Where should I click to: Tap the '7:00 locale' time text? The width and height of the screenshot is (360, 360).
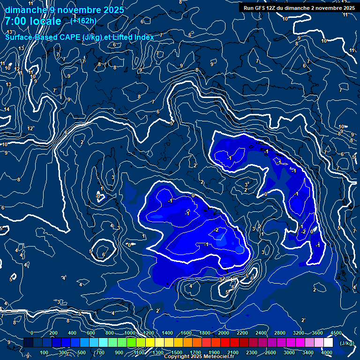point(33,21)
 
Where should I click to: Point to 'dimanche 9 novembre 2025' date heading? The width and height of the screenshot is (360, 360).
point(64,10)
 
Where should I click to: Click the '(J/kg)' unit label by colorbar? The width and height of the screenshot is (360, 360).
point(346,343)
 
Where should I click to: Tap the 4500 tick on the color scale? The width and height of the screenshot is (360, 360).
point(336,333)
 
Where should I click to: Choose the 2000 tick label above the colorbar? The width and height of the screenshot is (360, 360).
point(224,333)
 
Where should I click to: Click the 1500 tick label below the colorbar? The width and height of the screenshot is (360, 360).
point(177,352)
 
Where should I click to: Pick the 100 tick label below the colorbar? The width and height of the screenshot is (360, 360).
point(44,352)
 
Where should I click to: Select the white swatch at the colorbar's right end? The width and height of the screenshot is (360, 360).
point(328,343)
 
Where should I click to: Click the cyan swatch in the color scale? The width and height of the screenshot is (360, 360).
point(103,343)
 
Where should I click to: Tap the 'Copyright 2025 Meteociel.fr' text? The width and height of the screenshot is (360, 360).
point(198,357)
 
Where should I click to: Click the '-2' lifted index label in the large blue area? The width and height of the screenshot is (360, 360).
point(216,230)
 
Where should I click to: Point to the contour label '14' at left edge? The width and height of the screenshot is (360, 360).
point(7,109)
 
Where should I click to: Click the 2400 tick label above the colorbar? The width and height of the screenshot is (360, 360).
point(261,333)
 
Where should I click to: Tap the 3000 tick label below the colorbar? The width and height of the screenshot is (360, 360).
point(290,352)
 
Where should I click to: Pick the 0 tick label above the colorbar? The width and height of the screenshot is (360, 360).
point(31,333)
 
